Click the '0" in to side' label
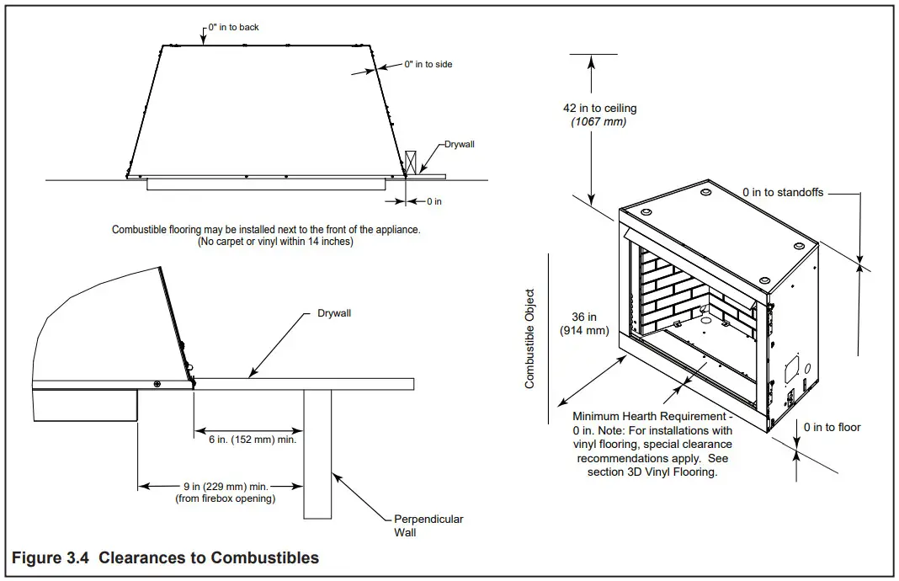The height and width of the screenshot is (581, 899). point(428,64)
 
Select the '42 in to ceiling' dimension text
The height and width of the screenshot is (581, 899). point(599,108)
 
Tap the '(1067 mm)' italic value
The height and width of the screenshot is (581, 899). point(599,121)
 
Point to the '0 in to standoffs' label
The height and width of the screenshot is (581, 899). point(783,193)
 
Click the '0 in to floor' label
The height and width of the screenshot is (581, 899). point(832,428)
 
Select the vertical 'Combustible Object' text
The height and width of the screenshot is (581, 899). point(529,338)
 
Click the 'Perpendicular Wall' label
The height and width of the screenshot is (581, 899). point(428,525)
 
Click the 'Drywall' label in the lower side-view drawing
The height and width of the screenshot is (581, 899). point(334,313)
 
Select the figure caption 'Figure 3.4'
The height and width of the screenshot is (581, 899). point(165,557)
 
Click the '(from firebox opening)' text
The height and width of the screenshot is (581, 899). point(225,498)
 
